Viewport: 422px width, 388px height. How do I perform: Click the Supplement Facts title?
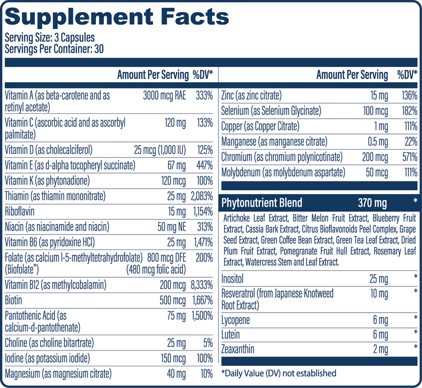117,17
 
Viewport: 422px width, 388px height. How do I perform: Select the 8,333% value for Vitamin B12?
201,285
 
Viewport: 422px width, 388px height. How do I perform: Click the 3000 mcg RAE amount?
165,96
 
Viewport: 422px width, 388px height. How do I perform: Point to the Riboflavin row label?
20,211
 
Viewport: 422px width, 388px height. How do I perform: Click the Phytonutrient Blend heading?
262,203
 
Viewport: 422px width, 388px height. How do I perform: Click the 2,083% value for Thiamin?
201,197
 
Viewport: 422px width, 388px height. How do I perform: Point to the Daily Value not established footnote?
279,373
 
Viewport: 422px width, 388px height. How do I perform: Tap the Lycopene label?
236,320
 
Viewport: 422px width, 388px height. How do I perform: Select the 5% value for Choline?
207,343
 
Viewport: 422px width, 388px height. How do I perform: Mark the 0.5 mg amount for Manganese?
377,142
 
